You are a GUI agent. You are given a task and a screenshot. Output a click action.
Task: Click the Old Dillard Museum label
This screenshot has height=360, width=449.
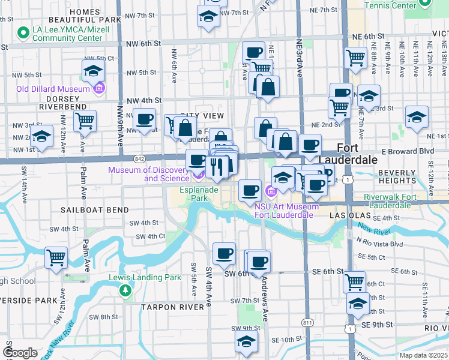pos(53,89)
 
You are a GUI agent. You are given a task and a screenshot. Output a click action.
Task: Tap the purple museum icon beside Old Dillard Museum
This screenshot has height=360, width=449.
pos(99,89)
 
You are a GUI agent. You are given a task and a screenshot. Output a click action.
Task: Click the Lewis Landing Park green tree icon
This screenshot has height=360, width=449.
pos(125,291)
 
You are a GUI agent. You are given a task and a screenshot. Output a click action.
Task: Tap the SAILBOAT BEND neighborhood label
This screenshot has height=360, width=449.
pos(94,210)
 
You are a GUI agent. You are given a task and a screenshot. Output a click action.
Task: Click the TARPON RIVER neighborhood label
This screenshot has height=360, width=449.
pos(173,307)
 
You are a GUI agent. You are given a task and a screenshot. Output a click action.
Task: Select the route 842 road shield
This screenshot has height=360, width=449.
pos(139,158)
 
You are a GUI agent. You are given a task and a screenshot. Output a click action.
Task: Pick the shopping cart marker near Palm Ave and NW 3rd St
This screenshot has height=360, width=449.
pos(85,121)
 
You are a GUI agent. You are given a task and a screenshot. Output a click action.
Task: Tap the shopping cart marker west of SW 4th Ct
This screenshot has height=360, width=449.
pos(56,257)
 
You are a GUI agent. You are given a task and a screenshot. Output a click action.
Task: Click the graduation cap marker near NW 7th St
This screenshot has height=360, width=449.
pos(208,16)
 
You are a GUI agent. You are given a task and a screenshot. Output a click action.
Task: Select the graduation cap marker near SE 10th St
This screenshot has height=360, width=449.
pos(246,341)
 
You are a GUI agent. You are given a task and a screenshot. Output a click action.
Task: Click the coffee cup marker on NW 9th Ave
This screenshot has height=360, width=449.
pos(144,118)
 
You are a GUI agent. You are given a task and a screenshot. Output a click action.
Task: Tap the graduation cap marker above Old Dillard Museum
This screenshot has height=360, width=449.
pos(94,72)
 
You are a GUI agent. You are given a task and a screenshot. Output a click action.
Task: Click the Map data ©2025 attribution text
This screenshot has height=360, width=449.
pos(423,355)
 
